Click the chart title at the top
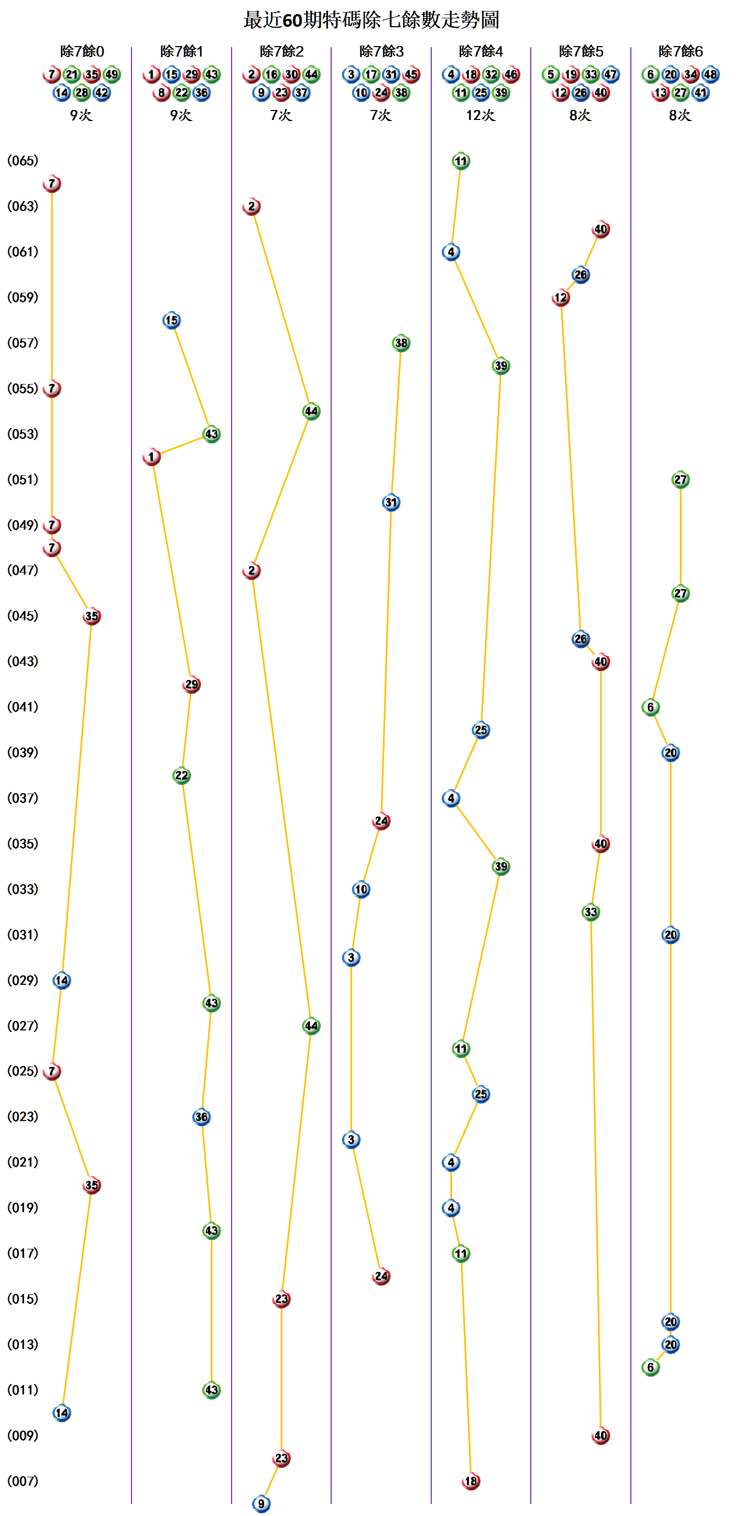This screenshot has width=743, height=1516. tap(371, 20)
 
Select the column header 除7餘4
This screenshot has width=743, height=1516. tap(481, 52)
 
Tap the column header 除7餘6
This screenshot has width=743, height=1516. tap(681, 52)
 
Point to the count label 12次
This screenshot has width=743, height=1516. tap(480, 115)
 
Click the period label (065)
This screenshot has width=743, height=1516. tap(23, 161)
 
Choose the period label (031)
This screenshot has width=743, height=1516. tap(23, 935)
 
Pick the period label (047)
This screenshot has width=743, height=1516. tap(23, 570)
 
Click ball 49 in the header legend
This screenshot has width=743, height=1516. tap(112, 75)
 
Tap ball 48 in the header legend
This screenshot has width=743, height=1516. tap(711, 75)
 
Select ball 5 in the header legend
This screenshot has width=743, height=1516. tap(551, 75)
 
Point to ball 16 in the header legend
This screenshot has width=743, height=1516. tap(271, 75)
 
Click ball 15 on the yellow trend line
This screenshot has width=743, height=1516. tap(171, 320)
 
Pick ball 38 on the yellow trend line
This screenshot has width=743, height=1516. tap(401, 343)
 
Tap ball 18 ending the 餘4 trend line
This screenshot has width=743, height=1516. tap(471, 1481)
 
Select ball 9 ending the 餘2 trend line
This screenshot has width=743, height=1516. tap(261, 1503)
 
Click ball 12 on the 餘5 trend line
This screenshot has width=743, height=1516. tap(561, 298)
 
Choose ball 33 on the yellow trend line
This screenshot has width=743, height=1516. tap(591, 912)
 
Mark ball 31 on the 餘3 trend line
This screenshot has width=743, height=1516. tap(391, 502)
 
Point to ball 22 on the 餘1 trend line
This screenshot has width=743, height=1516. tap(181, 776)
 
